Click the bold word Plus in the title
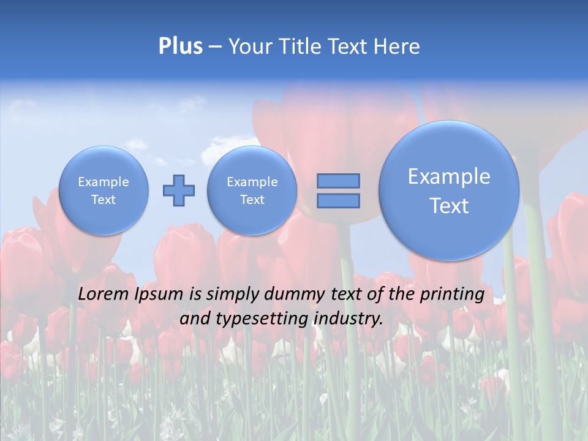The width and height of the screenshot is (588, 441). [x=180, y=47]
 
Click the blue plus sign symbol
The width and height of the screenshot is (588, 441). [x=179, y=190]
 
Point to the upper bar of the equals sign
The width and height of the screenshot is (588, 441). [x=338, y=181]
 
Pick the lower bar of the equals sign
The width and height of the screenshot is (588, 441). [x=338, y=201]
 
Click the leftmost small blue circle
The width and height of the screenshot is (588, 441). [x=104, y=190]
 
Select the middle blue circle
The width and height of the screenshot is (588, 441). [x=252, y=190]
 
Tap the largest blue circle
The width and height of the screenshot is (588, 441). [x=449, y=190]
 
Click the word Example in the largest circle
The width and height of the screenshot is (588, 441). [x=449, y=176]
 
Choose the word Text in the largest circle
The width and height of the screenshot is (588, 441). [x=449, y=206]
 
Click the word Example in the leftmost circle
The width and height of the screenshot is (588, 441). [x=104, y=182]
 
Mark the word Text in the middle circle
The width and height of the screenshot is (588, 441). [x=252, y=200]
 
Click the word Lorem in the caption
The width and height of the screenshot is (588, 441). [x=104, y=295]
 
